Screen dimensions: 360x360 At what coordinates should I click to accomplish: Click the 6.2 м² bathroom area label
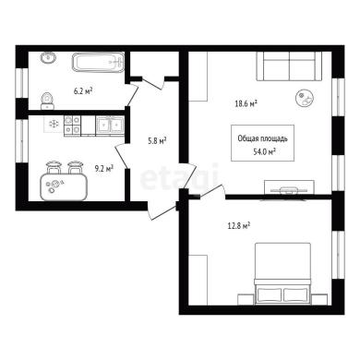pos(83,91)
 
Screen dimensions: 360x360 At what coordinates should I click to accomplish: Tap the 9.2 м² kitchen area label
pos(104,168)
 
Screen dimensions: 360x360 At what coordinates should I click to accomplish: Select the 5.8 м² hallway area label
pos(157,141)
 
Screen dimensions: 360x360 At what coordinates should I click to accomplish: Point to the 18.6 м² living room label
pos(246,103)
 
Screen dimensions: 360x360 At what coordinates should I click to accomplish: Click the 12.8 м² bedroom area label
pos(238,226)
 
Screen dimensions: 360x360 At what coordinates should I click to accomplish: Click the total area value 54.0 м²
pos(264,151)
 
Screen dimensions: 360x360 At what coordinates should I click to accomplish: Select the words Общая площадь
pos(262,138)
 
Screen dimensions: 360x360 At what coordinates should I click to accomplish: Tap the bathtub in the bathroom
pos(99,63)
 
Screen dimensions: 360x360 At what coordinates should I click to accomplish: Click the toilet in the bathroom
pos(47,101)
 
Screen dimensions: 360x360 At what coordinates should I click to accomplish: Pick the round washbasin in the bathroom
pos(48,57)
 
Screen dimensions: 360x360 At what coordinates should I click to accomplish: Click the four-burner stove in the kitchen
pos(72,126)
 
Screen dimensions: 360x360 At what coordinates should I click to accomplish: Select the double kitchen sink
pos(110,126)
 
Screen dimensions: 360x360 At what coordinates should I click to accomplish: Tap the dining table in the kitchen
pos(64,186)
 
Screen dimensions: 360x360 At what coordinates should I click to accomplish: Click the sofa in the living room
pos(289,66)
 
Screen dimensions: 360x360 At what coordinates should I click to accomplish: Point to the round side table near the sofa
pos(305,98)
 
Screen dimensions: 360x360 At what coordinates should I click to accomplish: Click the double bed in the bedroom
pos(282,274)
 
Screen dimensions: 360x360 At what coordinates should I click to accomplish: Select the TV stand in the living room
pos(290,187)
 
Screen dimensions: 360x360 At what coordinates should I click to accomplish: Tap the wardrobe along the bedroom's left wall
pos(198,280)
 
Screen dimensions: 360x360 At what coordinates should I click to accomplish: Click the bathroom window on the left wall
pos(22,83)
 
